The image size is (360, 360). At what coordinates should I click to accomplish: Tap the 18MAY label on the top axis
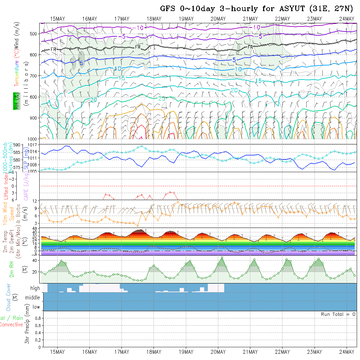[x=154, y=19]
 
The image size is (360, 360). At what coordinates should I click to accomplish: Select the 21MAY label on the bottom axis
[x=250, y=352]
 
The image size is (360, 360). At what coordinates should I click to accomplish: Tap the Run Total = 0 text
[x=338, y=314]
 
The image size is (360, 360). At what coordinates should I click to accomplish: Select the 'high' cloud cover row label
[x=35, y=288]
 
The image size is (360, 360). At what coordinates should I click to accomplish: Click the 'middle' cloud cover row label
[x=33, y=298]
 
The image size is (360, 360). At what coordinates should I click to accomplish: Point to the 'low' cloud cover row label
[x=36, y=307]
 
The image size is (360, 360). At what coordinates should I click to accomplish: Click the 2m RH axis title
[x=12, y=269]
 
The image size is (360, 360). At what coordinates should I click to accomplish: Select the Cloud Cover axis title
[x=9, y=297]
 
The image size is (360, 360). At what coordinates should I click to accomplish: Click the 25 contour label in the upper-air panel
[x=162, y=98]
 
